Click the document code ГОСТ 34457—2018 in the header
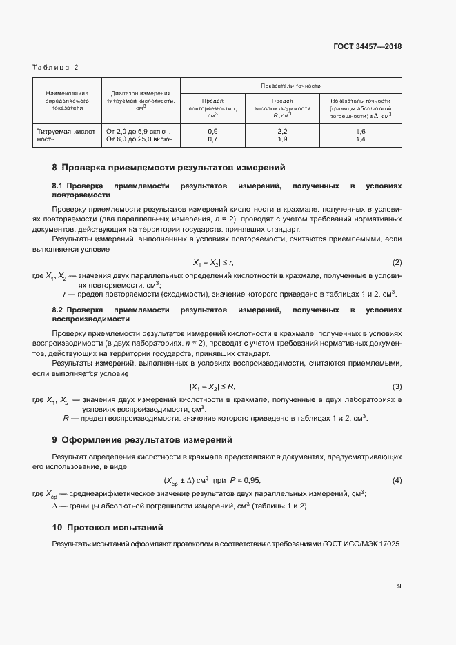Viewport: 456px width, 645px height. pyautogui.click(x=367, y=47)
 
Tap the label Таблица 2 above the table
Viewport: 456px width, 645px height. pyautogui.click(x=56, y=67)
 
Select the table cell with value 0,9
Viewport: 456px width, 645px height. pyautogui.click(x=212, y=131)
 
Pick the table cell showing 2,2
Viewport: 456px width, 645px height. pyautogui.click(x=282, y=131)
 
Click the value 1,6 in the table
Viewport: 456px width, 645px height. pyautogui.click(x=360, y=131)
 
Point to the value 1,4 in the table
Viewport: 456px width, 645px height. pyautogui.click(x=360, y=139)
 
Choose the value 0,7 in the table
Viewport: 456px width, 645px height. pyautogui.click(x=212, y=139)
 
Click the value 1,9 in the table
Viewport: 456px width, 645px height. pyautogui.click(x=282, y=139)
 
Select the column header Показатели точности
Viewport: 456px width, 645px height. pyautogui.click(x=290, y=86)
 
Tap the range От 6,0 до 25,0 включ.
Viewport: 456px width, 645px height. pyautogui.click(x=140, y=139)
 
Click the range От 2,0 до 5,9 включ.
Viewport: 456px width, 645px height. pyautogui.click(x=138, y=131)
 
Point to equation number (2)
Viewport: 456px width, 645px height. pyautogui.click(x=397, y=263)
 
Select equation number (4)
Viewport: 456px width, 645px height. pyautogui.click(x=397, y=480)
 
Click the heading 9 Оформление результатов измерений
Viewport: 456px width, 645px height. pyautogui.click(x=142, y=440)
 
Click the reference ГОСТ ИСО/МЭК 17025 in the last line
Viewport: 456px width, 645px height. pyautogui.click(x=361, y=544)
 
